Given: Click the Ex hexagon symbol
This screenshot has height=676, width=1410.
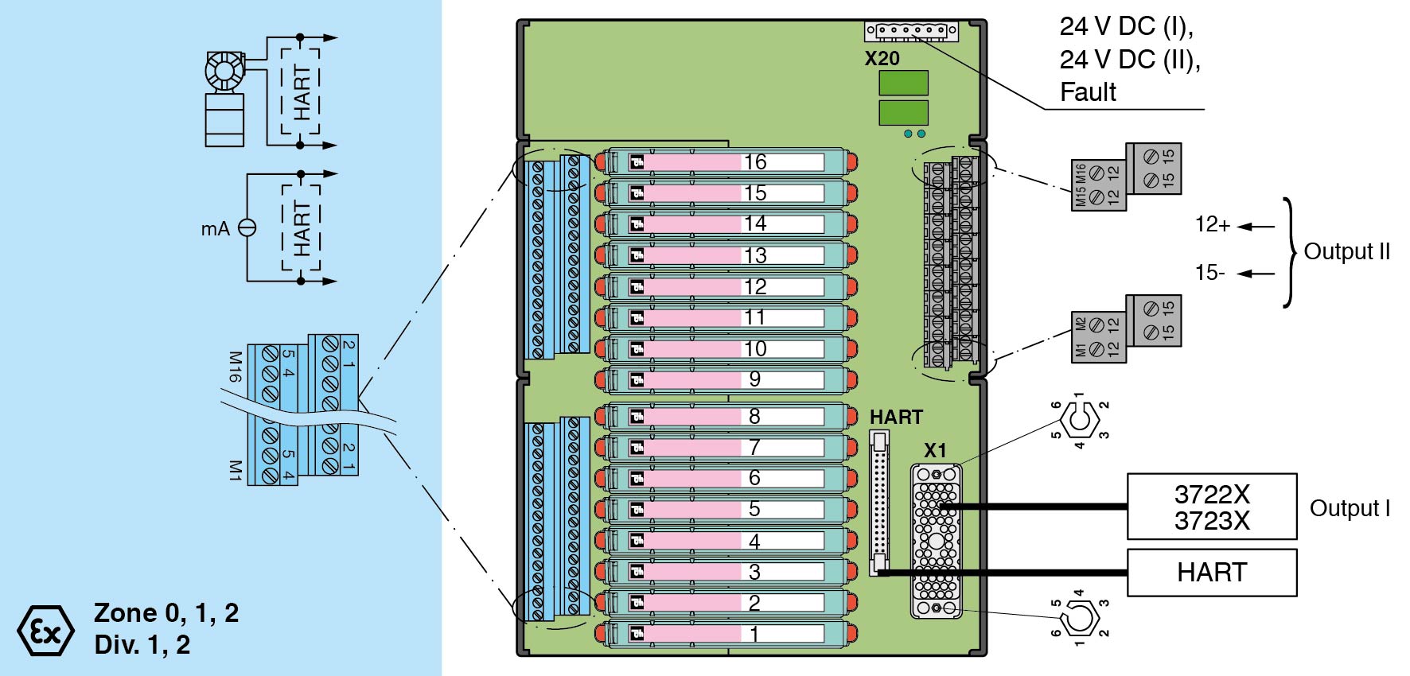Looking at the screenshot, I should [x=45, y=631].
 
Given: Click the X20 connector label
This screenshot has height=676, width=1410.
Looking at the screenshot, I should [x=882, y=59].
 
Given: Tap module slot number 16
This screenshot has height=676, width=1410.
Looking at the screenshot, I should [x=755, y=162].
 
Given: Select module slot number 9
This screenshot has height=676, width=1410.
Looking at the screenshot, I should [x=755, y=379].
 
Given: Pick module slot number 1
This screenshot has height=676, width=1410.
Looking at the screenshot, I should [x=754, y=634].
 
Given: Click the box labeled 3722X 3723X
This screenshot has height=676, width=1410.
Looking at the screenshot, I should [x=1212, y=507].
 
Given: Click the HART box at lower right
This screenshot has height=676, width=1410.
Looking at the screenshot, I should [x=1212, y=573].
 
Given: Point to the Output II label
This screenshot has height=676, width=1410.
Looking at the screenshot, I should [x=1346, y=251].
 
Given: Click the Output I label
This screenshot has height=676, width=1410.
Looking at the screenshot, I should [x=1350, y=508].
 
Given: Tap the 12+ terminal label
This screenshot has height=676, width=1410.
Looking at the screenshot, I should [x=1212, y=225].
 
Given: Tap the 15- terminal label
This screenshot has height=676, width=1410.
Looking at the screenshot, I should [x=1209, y=273].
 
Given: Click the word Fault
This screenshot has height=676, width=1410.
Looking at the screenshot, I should [x=1088, y=92].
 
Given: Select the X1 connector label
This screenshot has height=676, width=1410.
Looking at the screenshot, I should [x=935, y=450].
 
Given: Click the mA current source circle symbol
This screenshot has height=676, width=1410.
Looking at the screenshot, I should [x=247, y=228].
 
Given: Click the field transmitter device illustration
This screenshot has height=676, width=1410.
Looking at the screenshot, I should [x=225, y=99].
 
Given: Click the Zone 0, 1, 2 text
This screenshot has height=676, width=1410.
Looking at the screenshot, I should [x=166, y=613].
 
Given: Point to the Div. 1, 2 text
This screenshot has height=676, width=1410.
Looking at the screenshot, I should [x=142, y=645].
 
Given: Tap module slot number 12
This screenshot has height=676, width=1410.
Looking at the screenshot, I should [x=755, y=286].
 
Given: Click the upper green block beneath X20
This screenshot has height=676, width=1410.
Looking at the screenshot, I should [x=903, y=83].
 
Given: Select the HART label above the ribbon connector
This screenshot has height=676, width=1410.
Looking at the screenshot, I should [x=896, y=418].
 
